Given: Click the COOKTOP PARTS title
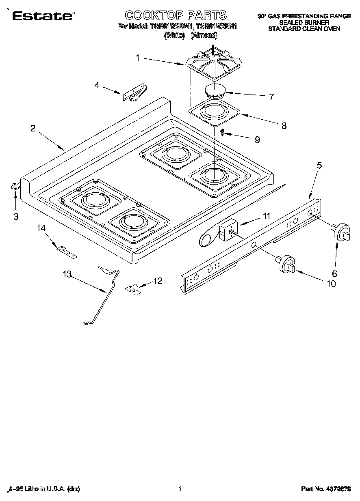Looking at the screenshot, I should pyautogui.click(x=176, y=15).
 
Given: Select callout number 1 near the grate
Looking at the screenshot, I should pyautogui.click(x=137, y=58).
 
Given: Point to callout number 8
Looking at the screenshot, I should pyautogui.click(x=284, y=126).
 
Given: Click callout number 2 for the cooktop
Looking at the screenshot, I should pyautogui.click(x=33, y=129).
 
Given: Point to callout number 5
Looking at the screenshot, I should pyautogui.click(x=319, y=165).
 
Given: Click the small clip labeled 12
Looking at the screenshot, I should pyautogui.click(x=132, y=289).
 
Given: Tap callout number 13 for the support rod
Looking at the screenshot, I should pyautogui.click(x=67, y=275).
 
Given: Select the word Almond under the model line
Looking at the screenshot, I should pyautogui.click(x=204, y=35).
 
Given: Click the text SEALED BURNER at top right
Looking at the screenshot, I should pyautogui.click(x=304, y=22).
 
